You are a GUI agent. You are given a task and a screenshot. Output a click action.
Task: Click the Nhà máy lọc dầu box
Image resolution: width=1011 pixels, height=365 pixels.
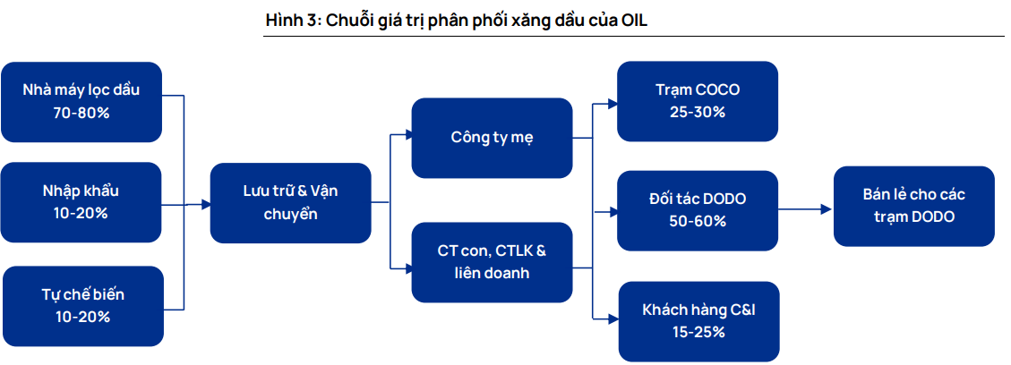tap(81, 102)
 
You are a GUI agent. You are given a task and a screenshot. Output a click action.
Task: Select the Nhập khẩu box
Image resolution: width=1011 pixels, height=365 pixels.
tap(81, 202)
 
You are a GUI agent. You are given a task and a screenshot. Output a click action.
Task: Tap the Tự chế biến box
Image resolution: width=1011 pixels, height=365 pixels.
tap(83, 306)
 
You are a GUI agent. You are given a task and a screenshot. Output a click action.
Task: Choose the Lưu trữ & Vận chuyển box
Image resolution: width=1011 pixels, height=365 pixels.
tap(291, 203)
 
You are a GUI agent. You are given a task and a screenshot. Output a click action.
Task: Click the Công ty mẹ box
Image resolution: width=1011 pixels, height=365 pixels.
tap(492, 138)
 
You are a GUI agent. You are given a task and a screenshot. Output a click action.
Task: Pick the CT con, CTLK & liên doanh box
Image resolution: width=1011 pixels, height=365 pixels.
tap(492, 262)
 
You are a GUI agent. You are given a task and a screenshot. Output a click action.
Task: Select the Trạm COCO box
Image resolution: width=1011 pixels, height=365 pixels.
tap(698, 101)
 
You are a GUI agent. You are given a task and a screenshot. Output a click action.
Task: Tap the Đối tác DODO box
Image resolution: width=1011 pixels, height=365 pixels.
tap(698, 210)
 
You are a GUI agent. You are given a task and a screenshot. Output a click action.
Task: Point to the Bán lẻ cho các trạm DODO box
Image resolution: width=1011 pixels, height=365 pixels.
tap(914, 206)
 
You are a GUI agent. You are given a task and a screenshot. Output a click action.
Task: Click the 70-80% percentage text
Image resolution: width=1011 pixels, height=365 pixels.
tap(81, 112)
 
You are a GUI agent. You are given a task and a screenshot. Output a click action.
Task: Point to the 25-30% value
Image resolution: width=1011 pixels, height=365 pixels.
tap(698, 111)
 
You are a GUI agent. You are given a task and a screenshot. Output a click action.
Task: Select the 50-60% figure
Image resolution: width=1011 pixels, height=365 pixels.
tap(698, 221)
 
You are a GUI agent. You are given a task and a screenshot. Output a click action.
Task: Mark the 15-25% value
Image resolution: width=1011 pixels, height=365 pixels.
tap(699, 332)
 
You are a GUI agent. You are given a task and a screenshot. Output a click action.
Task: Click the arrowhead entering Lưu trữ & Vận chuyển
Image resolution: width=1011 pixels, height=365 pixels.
tap(206, 205)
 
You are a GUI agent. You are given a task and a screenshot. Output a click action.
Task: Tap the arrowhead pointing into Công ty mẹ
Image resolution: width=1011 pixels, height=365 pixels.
tap(407, 135)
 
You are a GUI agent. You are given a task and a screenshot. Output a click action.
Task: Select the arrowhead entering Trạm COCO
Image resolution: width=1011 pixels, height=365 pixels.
tap(613, 101)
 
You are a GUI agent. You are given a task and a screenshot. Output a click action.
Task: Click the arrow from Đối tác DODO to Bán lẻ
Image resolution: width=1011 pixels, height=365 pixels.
tap(806, 209)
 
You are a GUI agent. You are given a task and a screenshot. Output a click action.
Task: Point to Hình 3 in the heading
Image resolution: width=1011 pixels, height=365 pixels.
tap(292, 20)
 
